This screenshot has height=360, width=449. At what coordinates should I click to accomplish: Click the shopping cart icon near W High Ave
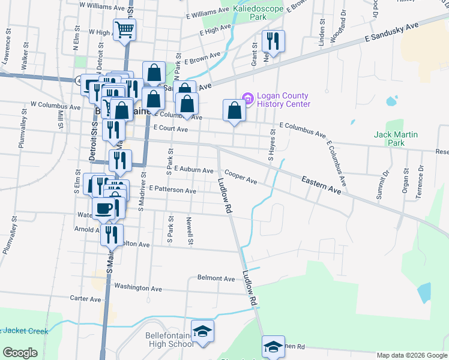point(124,29)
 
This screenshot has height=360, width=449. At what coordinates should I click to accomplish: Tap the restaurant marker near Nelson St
point(273,41)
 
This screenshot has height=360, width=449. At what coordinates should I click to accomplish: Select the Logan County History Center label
point(283,100)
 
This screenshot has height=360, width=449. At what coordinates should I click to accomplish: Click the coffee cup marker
point(104,208)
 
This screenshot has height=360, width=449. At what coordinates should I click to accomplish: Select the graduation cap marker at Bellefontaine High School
point(203,331)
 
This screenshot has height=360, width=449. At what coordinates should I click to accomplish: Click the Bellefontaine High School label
point(169,339)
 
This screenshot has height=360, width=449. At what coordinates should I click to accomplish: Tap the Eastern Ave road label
point(321,184)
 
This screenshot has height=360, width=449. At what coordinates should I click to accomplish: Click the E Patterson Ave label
point(173,190)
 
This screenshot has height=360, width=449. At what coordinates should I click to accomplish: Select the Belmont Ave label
point(216,278)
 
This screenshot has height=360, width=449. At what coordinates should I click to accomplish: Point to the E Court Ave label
point(171,128)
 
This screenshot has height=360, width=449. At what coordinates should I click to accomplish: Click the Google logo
point(20,353)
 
